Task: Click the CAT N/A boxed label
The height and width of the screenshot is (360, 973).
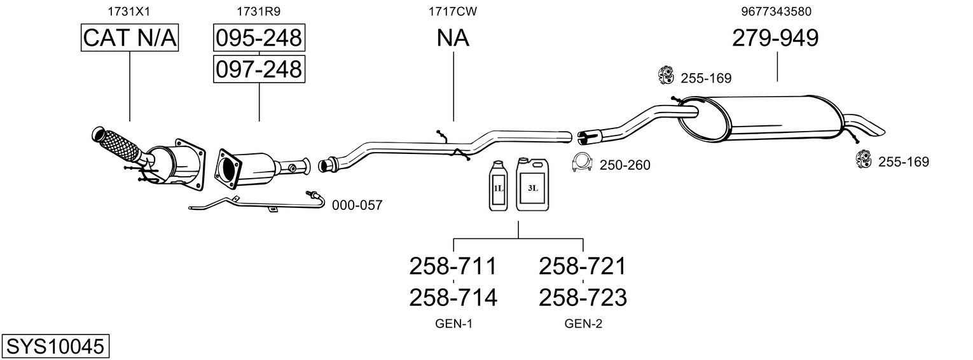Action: click(x=130, y=38)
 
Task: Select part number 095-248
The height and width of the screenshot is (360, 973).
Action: click(x=259, y=38)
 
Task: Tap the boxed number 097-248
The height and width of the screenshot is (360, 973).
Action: click(x=259, y=69)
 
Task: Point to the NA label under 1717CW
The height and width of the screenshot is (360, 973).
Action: click(x=453, y=38)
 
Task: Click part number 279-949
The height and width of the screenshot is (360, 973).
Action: click(x=775, y=38)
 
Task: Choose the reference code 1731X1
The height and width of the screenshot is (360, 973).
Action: click(x=130, y=11)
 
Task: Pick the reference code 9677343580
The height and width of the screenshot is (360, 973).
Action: click(x=776, y=11)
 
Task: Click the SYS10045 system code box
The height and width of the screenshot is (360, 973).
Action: click(x=55, y=347)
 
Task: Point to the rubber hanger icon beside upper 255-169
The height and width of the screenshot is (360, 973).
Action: click(x=666, y=76)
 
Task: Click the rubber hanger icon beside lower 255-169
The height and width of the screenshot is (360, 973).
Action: click(x=864, y=160)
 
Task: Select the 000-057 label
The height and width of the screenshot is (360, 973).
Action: click(x=357, y=205)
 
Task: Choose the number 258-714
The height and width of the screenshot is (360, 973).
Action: click(x=453, y=297)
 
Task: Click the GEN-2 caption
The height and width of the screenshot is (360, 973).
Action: click(x=583, y=324)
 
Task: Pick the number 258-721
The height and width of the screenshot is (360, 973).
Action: click(x=583, y=265)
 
